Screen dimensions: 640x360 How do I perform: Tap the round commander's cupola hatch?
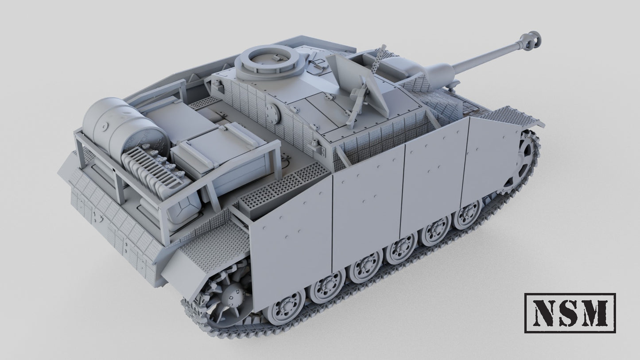269,62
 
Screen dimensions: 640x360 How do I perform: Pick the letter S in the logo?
566,313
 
